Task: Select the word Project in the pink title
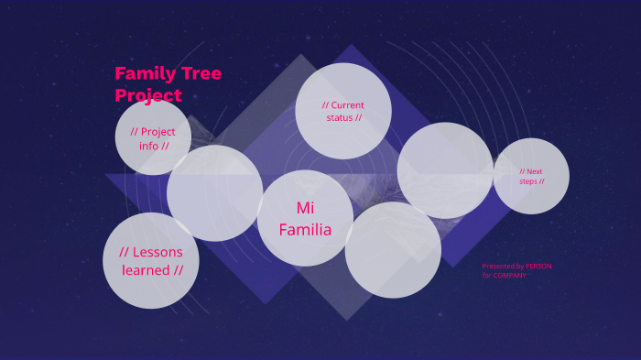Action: (148, 95)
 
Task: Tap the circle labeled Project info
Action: (153, 137)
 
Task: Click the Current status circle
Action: (343, 111)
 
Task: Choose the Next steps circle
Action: (531, 176)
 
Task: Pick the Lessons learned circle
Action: (151, 260)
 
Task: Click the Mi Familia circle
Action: (305, 218)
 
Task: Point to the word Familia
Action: (305, 229)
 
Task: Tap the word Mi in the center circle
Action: (305, 208)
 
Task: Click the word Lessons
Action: (158, 252)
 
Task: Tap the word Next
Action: (534, 171)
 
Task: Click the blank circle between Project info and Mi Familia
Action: (214, 193)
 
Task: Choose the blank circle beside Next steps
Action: (446, 170)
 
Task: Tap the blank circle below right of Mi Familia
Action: (393, 250)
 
